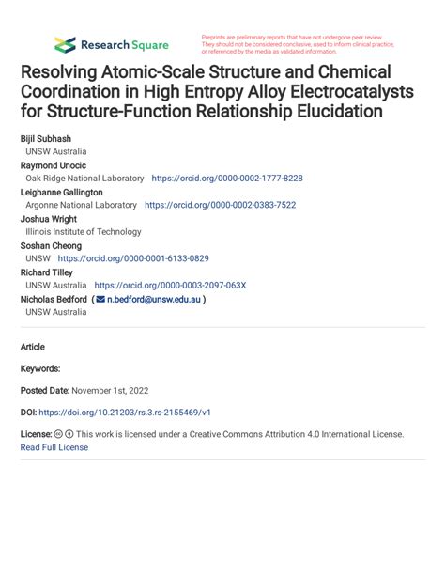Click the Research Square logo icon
65,44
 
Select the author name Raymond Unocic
53,164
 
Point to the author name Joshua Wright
48,218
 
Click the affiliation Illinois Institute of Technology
84,231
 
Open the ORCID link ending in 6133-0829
132,258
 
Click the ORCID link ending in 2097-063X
169,285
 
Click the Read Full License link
54,447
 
